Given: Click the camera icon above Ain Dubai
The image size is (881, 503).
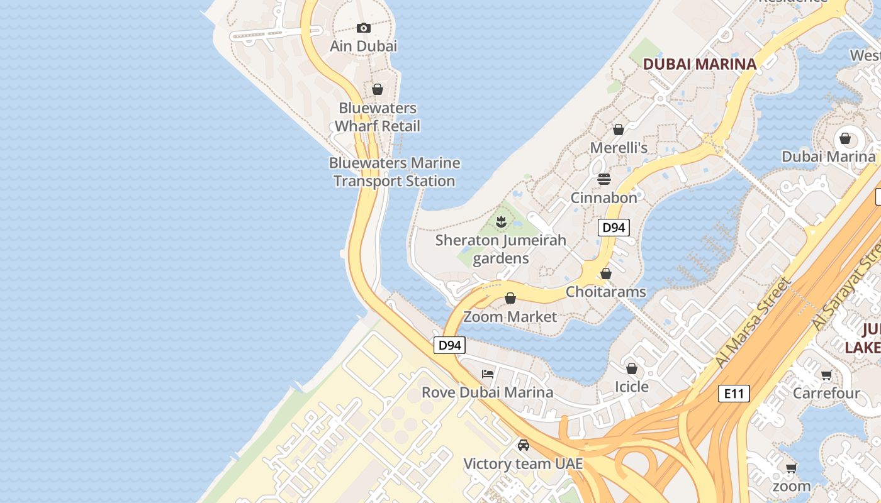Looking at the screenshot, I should click(363, 28).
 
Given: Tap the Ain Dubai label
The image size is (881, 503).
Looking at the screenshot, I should click(364, 46).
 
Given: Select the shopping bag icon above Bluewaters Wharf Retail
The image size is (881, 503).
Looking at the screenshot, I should click(378, 89).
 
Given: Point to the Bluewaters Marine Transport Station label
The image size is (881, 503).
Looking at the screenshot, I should click(395, 172).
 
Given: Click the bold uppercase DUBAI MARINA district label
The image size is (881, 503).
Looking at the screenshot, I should click(699, 64).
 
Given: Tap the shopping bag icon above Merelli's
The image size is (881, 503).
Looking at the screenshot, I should click(619, 130).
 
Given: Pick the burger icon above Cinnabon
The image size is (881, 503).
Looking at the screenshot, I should click(604, 179).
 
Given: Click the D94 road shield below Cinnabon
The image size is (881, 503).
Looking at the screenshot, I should click(614, 228).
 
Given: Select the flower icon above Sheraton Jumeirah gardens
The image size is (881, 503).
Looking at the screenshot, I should click(501, 221).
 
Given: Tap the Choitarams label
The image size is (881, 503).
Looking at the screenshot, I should click(606, 292).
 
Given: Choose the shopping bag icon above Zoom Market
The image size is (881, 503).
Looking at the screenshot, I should click(510, 298).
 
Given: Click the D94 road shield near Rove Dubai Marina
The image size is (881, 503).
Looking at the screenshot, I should click(449, 345).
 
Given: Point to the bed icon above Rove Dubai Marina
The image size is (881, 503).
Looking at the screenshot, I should click(488, 373).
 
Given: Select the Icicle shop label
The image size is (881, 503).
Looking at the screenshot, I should click(632, 386).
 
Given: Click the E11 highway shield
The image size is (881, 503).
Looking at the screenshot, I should click(734, 394).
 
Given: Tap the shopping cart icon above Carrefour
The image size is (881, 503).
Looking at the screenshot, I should click(826, 375).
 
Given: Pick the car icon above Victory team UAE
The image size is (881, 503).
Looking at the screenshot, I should click(523, 445).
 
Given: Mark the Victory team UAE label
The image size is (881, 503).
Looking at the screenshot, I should click(523, 464).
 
